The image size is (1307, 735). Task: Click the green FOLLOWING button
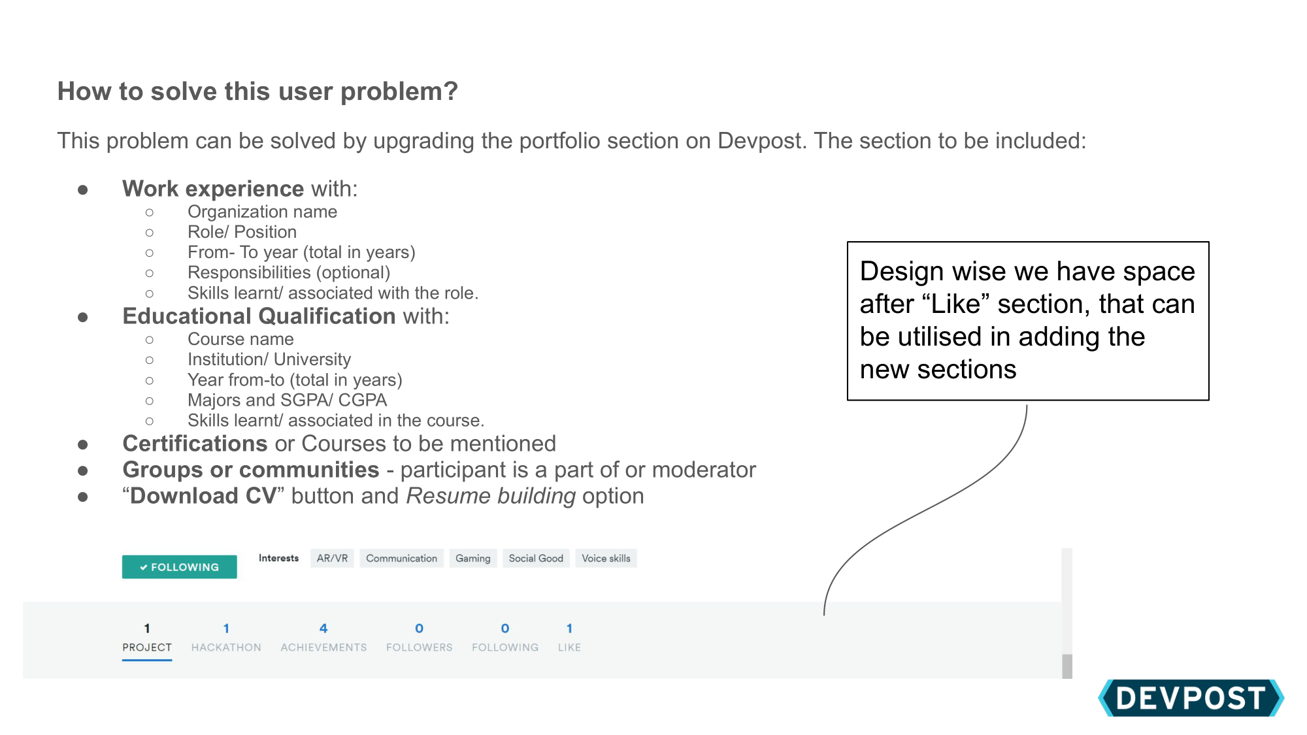pyautogui.click(x=179, y=567)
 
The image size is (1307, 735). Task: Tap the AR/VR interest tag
pyautogui.click(x=332, y=559)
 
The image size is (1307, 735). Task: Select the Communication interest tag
pyautogui.click(x=401, y=559)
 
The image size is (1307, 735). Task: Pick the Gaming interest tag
pyautogui.click(x=472, y=559)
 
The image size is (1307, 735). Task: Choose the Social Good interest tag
pyautogui.click(x=536, y=559)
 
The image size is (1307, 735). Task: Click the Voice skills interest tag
pyautogui.click(x=606, y=559)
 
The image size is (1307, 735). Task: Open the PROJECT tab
pyautogui.click(x=147, y=647)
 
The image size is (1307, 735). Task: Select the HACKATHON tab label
pyautogui.click(x=226, y=647)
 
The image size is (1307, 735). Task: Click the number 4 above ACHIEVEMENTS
pyautogui.click(x=323, y=629)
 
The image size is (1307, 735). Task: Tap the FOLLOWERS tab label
pyautogui.click(x=419, y=647)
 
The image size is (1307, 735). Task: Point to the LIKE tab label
pyautogui.click(x=569, y=647)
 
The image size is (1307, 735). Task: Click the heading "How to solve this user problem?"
pyautogui.click(x=257, y=91)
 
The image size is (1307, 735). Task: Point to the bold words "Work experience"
pyautogui.click(x=213, y=189)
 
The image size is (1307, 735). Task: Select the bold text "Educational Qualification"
pyautogui.click(x=259, y=316)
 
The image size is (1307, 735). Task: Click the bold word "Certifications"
pyautogui.click(x=195, y=444)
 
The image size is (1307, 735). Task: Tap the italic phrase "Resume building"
pyautogui.click(x=491, y=496)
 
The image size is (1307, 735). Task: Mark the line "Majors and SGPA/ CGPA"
pyautogui.click(x=287, y=400)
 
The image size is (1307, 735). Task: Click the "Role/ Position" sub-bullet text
pyautogui.click(x=242, y=232)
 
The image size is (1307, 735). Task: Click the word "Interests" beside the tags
pyautogui.click(x=278, y=559)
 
